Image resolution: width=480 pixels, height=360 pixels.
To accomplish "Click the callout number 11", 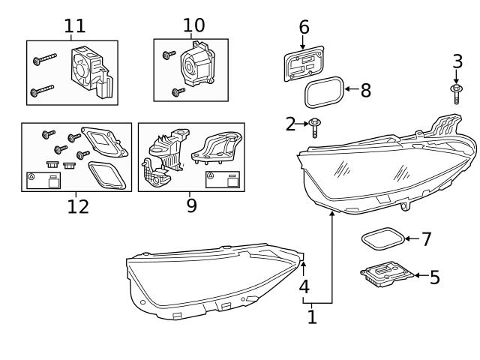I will (x=74, y=26).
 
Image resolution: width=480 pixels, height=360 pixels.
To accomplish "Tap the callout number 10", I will (x=193, y=25).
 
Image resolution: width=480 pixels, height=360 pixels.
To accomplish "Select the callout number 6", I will (x=304, y=27).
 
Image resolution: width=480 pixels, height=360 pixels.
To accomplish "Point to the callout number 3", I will (x=457, y=61).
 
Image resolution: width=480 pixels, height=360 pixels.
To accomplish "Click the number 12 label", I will (x=77, y=206).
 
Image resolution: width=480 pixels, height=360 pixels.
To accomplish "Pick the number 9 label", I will (x=191, y=205).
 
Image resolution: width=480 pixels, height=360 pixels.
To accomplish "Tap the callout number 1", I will (x=312, y=317).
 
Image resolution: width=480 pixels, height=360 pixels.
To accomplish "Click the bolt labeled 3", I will (x=456, y=92).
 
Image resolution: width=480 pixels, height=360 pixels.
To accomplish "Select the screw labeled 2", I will (x=316, y=127).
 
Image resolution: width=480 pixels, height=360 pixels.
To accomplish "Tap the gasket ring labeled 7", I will (x=382, y=240).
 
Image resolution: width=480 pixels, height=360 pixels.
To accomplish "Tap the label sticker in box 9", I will (x=222, y=179).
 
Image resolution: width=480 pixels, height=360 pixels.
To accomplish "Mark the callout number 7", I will (x=426, y=240).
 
